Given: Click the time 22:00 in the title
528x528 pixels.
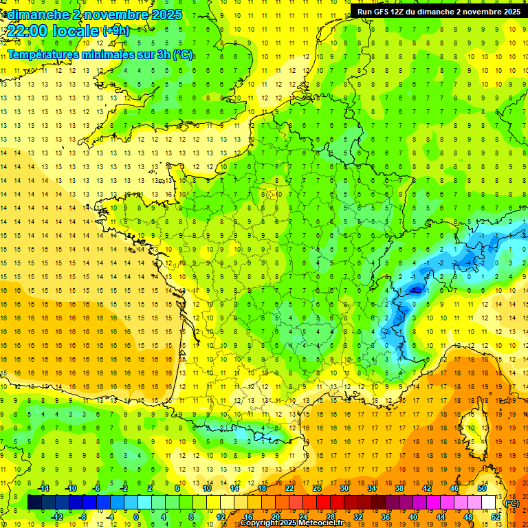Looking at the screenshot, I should pyautogui.click(x=31, y=30).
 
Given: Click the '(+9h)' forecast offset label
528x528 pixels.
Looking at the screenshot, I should pyautogui.click(x=115, y=30).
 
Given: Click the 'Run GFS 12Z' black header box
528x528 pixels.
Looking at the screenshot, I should pyautogui.click(x=439, y=11).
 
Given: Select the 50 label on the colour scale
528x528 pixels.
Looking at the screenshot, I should pyautogui.click(x=482, y=487).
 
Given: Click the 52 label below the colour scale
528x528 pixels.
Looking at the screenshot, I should pyautogui.click(x=496, y=516).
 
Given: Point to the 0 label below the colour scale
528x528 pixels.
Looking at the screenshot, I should pyautogui.click(x=136, y=516).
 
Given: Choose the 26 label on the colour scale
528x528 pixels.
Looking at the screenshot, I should pyautogui.click(x=317, y=487).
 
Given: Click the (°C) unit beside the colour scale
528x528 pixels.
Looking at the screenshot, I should pyautogui.click(x=512, y=503).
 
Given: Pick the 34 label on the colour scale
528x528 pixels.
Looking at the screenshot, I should pyautogui.click(x=372, y=487).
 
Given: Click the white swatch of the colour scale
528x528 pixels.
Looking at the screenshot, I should pyautogui.click(x=489, y=503).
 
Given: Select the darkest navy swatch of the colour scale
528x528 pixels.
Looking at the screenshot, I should pyautogui.click(x=34, y=503).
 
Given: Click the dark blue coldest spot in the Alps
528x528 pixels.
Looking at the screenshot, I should pyautogui.click(x=415, y=290).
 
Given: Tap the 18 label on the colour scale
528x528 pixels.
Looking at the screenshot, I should pyautogui.click(x=262, y=487).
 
